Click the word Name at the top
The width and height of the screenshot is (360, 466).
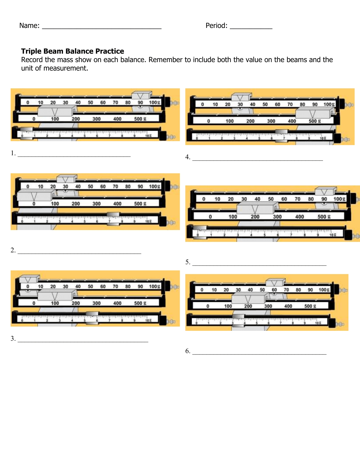[29, 26]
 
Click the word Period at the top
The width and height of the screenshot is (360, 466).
[216, 26]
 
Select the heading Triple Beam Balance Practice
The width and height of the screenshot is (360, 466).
[73, 51]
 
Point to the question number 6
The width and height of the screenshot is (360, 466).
[187, 351]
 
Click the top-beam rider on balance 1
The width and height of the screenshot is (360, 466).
[141, 95]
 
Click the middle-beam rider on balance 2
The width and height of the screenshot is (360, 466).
[36, 195]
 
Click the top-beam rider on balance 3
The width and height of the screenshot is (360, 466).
[29, 279]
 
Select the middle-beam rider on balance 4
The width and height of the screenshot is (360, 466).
[313, 113]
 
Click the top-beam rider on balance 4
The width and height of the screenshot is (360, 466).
[241, 97]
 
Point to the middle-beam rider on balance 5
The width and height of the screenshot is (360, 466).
[255, 209]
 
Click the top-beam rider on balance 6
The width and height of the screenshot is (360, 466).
[275, 282]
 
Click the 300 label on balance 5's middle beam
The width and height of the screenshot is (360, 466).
[277, 217]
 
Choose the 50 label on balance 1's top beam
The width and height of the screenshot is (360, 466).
[90, 102]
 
